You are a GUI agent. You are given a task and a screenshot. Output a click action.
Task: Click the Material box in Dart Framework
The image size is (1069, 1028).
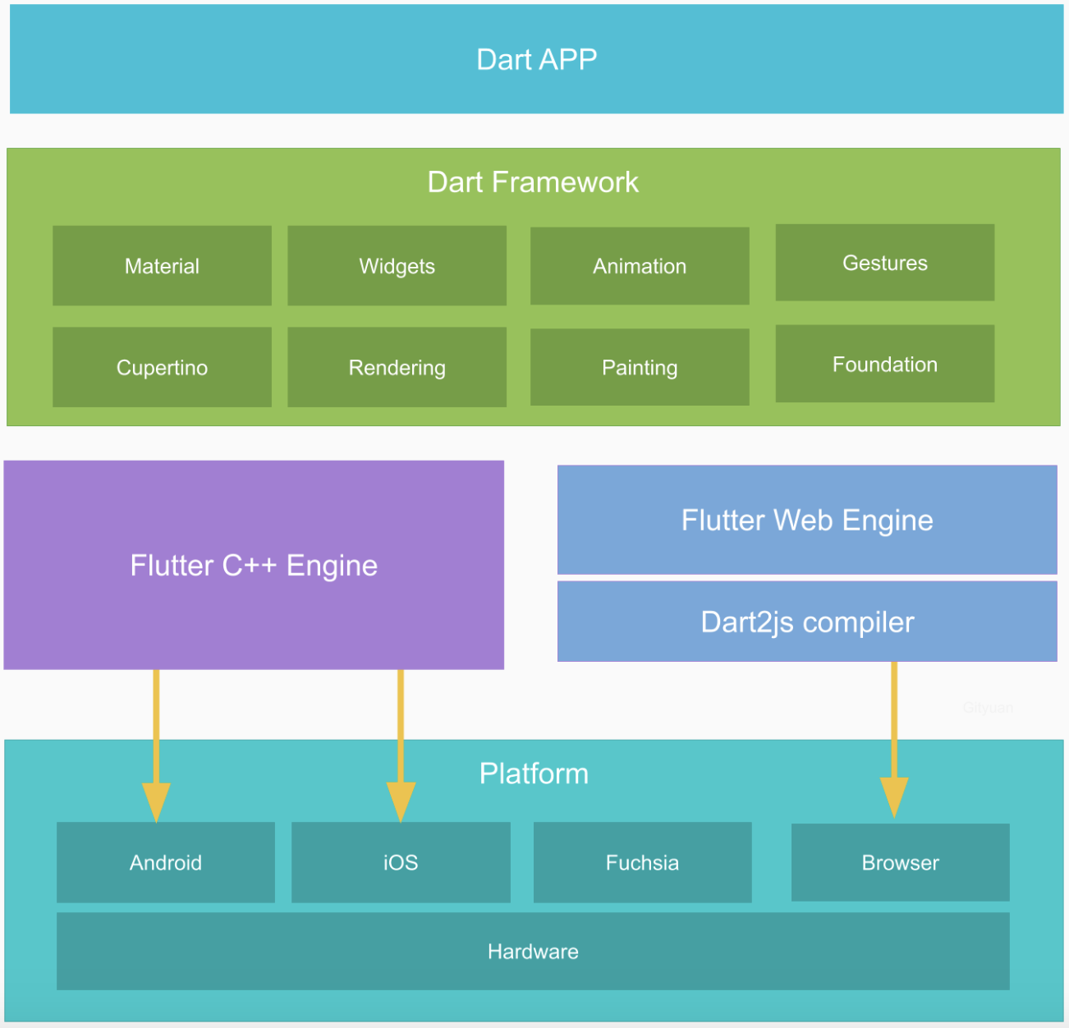click(162, 266)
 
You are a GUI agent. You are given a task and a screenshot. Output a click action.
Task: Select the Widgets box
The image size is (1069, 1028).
click(397, 266)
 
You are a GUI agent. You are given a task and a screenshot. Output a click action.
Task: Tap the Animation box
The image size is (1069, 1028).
click(640, 266)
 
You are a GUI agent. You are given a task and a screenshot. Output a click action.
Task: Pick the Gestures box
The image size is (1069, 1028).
click(884, 263)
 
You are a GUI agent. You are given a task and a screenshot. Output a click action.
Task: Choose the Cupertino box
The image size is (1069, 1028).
click(162, 367)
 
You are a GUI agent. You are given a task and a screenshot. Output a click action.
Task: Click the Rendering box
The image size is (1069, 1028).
click(397, 367)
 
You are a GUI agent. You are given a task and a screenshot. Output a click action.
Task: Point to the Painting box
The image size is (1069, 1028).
click(640, 367)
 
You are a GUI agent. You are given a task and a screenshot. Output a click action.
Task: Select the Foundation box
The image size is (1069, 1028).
click(884, 364)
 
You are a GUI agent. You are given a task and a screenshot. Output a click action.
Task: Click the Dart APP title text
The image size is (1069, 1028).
click(536, 59)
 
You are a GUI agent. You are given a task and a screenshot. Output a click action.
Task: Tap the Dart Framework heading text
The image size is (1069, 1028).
click(533, 181)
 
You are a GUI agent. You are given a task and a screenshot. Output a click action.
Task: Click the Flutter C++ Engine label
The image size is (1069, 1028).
click(254, 565)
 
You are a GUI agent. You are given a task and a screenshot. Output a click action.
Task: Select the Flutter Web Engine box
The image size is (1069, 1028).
click(807, 520)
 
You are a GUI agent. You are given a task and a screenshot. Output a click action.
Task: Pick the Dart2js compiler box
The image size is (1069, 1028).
click(807, 622)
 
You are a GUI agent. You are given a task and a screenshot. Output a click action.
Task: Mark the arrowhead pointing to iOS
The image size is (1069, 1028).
click(401, 801)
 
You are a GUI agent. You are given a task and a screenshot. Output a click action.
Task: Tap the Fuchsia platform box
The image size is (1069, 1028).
click(642, 862)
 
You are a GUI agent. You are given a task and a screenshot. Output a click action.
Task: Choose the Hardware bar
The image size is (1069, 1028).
click(533, 951)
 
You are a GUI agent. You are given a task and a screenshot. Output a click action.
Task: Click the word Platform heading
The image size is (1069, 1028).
click(534, 773)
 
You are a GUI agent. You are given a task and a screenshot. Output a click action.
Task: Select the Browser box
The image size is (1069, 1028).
click(900, 862)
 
